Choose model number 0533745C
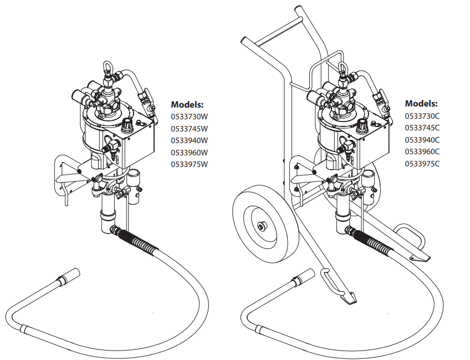click(x=422, y=128)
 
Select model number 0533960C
click(x=422, y=151)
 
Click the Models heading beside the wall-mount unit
click(x=187, y=104)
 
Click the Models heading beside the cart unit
click(x=421, y=103)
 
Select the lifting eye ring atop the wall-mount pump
click(x=109, y=69)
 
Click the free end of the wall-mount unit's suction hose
click(x=69, y=275)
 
